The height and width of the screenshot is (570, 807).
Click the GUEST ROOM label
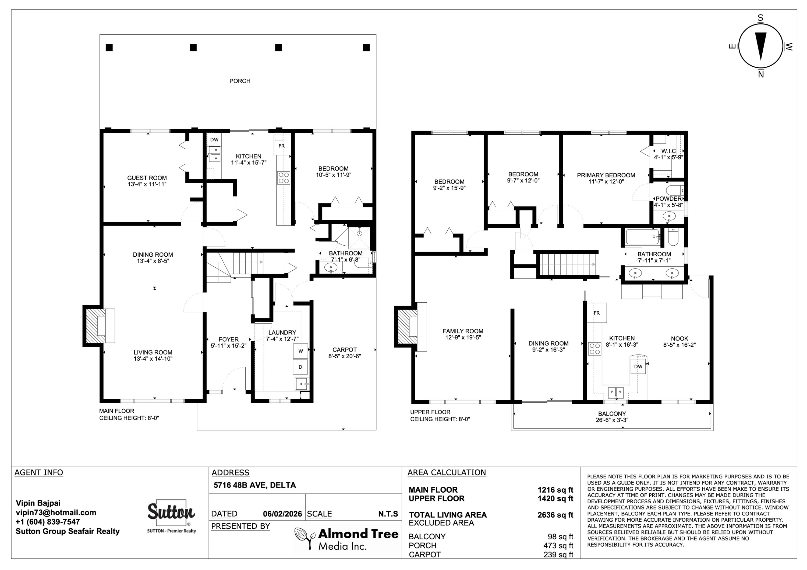tap(147, 178)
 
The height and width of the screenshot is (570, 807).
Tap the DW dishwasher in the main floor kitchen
tap(214, 139)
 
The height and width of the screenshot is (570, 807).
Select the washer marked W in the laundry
tap(300, 351)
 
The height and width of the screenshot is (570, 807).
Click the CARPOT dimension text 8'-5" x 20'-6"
tap(344, 356)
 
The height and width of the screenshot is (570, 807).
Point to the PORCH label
tap(240, 81)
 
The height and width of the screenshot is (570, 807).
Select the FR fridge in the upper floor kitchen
tap(596, 313)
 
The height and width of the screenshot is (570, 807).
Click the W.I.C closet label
tap(668, 151)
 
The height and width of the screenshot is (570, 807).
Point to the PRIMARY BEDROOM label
tap(606, 175)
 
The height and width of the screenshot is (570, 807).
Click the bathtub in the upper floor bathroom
tap(642, 237)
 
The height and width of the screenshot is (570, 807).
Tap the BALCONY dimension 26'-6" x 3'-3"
tap(612, 420)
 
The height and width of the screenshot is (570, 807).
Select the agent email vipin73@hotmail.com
tap(56, 512)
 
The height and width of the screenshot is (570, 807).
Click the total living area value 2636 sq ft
tap(555, 515)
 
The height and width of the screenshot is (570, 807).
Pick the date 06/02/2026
tap(282, 514)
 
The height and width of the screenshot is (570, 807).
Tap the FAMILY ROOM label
tap(463, 331)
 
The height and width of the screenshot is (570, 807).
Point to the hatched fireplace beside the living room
tap(94, 326)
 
